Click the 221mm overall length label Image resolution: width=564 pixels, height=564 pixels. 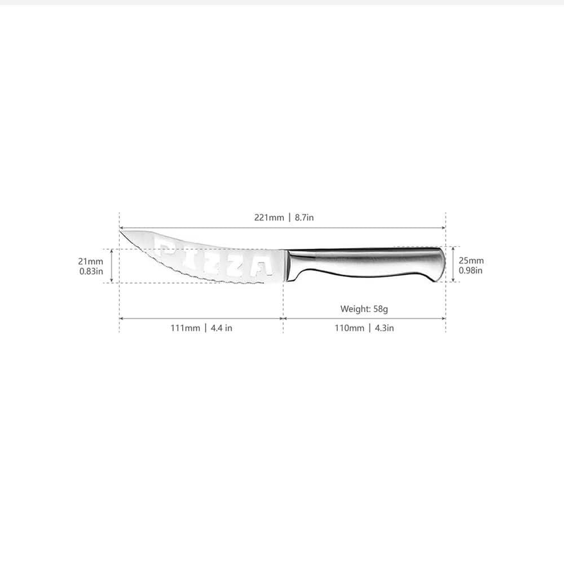(x=269, y=218)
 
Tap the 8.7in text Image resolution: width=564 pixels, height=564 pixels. (x=305, y=218)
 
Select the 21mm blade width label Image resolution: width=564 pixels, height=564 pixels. (x=91, y=262)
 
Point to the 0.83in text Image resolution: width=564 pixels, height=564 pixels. (x=91, y=271)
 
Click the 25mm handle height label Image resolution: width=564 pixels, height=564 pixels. (x=471, y=261)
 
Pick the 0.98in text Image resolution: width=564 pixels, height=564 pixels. (x=470, y=271)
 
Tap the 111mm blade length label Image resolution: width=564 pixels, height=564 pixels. (x=185, y=328)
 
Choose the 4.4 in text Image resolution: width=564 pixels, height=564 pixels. (x=221, y=328)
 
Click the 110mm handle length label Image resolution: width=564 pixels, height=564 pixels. (x=349, y=328)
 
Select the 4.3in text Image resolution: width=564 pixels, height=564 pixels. (x=385, y=328)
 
